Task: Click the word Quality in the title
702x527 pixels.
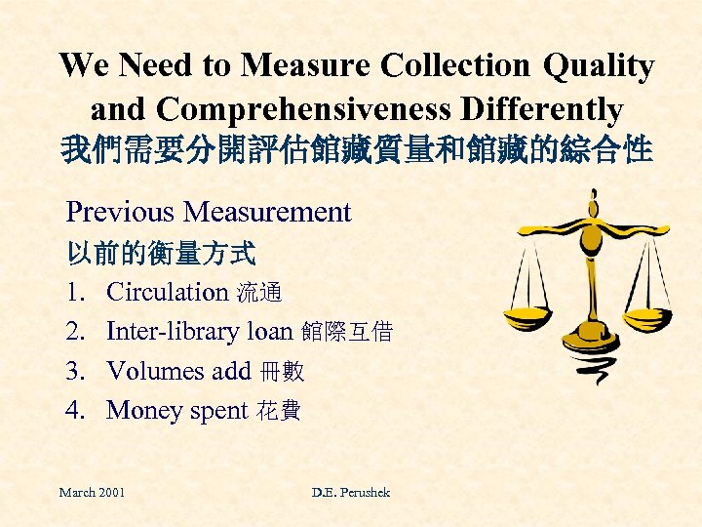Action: (598, 67)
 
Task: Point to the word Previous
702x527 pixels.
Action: (121, 212)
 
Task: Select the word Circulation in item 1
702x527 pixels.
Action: (166, 292)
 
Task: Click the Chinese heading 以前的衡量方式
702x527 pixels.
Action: (161, 254)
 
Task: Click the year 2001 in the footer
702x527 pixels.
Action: (109, 493)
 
